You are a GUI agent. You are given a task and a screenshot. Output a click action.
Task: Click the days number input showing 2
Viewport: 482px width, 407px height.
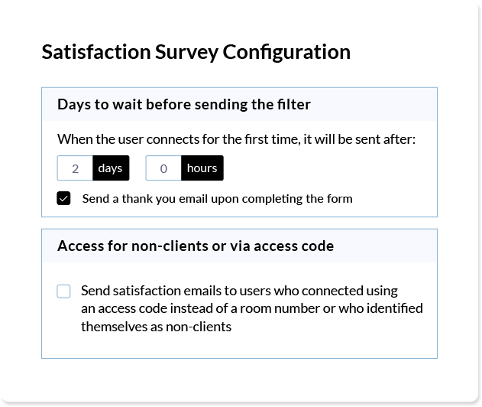click(75, 168)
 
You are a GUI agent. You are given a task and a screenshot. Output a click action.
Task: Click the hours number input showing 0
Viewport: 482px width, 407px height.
click(163, 168)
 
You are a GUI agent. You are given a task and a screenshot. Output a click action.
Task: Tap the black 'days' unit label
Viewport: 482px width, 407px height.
click(111, 168)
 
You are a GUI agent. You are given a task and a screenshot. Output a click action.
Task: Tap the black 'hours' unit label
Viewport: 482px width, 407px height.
click(202, 168)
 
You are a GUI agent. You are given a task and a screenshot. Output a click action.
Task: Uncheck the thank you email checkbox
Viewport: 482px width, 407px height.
click(63, 198)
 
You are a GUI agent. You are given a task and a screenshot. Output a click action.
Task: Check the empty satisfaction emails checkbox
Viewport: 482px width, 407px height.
click(63, 291)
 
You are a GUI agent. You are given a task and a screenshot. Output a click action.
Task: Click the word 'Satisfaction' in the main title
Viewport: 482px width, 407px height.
click(96, 52)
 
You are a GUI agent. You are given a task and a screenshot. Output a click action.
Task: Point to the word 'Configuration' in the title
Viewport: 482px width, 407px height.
click(286, 52)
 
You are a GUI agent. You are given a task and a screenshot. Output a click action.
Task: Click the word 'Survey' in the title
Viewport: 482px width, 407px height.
click(186, 52)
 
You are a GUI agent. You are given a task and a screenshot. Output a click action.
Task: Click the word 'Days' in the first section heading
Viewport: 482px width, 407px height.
click(74, 105)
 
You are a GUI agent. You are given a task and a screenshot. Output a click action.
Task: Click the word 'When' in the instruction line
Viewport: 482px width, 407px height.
click(75, 139)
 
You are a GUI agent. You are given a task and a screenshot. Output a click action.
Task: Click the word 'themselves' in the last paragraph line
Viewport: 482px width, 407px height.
click(114, 327)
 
